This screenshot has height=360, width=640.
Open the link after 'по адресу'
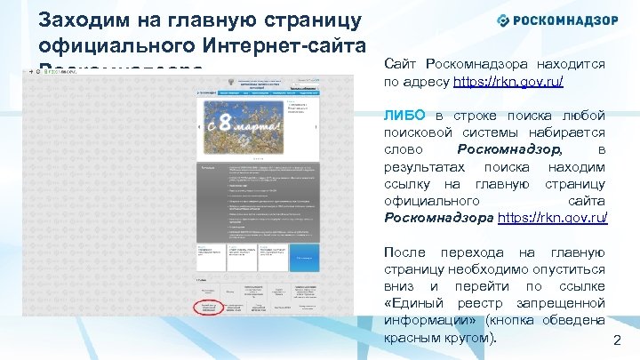[x=508, y=81]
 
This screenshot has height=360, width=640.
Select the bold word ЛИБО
[x=405, y=116]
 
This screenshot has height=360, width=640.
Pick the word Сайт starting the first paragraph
[x=399, y=64]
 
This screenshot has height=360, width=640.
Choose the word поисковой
[x=421, y=132]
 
